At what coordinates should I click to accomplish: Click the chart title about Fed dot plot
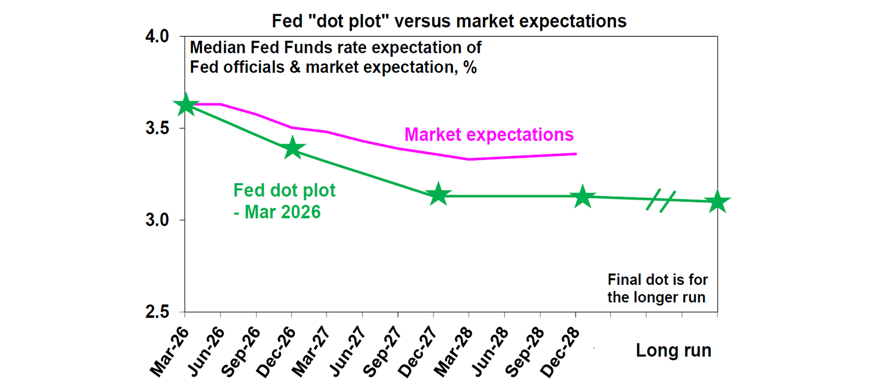click(x=449, y=21)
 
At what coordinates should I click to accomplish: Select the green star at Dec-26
click(x=292, y=148)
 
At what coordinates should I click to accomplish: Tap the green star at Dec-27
click(x=438, y=195)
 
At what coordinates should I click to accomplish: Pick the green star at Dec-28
click(x=582, y=197)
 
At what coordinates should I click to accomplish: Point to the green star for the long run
click(x=717, y=202)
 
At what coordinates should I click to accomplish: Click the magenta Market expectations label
click(x=489, y=135)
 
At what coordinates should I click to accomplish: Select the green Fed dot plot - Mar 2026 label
click(x=284, y=201)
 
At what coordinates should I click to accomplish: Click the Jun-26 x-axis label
click(x=207, y=346)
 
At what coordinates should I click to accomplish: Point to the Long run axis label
click(x=673, y=350)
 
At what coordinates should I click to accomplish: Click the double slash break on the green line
click(x=660, y=201)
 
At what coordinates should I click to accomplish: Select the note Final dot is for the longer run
click(x=657, y=288)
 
